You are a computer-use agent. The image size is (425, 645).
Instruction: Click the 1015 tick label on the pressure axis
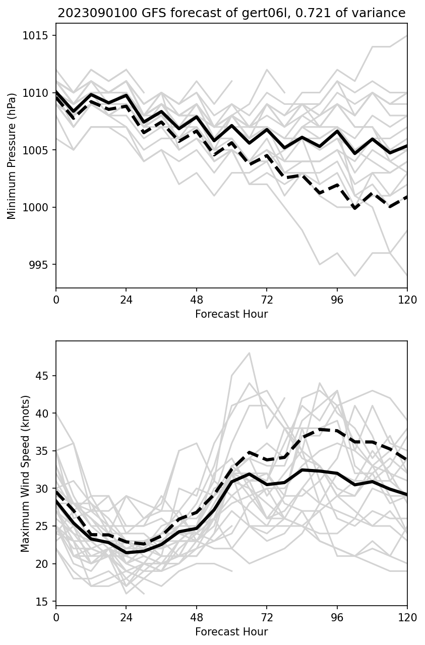pyautogui.click(x=35, y=35)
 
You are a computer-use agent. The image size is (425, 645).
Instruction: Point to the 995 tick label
pyautogui.click(x=38, y=264)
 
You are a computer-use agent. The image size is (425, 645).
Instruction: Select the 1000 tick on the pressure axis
pyautogui.click(x=35, y=207)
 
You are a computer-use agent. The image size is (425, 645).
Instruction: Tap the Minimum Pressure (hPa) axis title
pyautogui.click(x=12, y=156)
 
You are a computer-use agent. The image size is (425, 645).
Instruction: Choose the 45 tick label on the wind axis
pyautogui.click(x=41, y=376)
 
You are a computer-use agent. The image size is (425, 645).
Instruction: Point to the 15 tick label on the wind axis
pyautogui.click(x=41, y=601)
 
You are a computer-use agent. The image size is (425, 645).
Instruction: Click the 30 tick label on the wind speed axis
pyautogui.click(x=41, y=489)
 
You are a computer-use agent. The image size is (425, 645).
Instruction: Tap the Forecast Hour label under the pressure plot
pyautogui.click(x=231, y=314)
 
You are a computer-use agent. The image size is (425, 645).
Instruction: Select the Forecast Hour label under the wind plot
pyautogui.click(x=231, y=632)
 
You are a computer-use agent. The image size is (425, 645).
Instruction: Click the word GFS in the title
pyautogui.click(x=153, y=13)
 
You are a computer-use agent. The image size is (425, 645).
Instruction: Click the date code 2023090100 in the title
pyautogui.click(x=97, y=13)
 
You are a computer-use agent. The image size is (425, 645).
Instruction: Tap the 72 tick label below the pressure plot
pyautogui.click(x=267, y=300)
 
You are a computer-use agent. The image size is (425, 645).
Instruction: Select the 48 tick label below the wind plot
pyautogui.click(x=197, y=618)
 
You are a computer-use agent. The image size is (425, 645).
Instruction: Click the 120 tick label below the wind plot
pyautogui.click(x=407, y=618)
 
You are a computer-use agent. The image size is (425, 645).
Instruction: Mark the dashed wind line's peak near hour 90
pyautogui.click(x=320, y=429)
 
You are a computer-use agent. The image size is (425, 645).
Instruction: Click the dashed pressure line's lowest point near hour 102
pyautogui.click(x=355, y=208)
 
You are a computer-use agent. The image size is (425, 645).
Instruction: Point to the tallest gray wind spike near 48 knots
pyautogui.click(x=250, y=353)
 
